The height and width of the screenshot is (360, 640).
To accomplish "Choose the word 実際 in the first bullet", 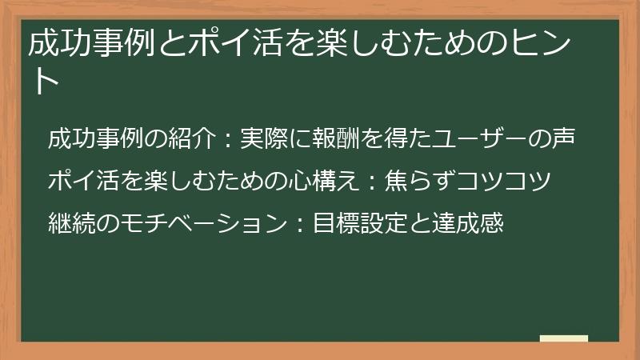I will (x=260, y=138).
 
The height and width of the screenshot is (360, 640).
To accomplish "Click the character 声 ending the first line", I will (x=563, y=138).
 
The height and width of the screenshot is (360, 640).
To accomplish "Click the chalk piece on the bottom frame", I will (x=563, y=339).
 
